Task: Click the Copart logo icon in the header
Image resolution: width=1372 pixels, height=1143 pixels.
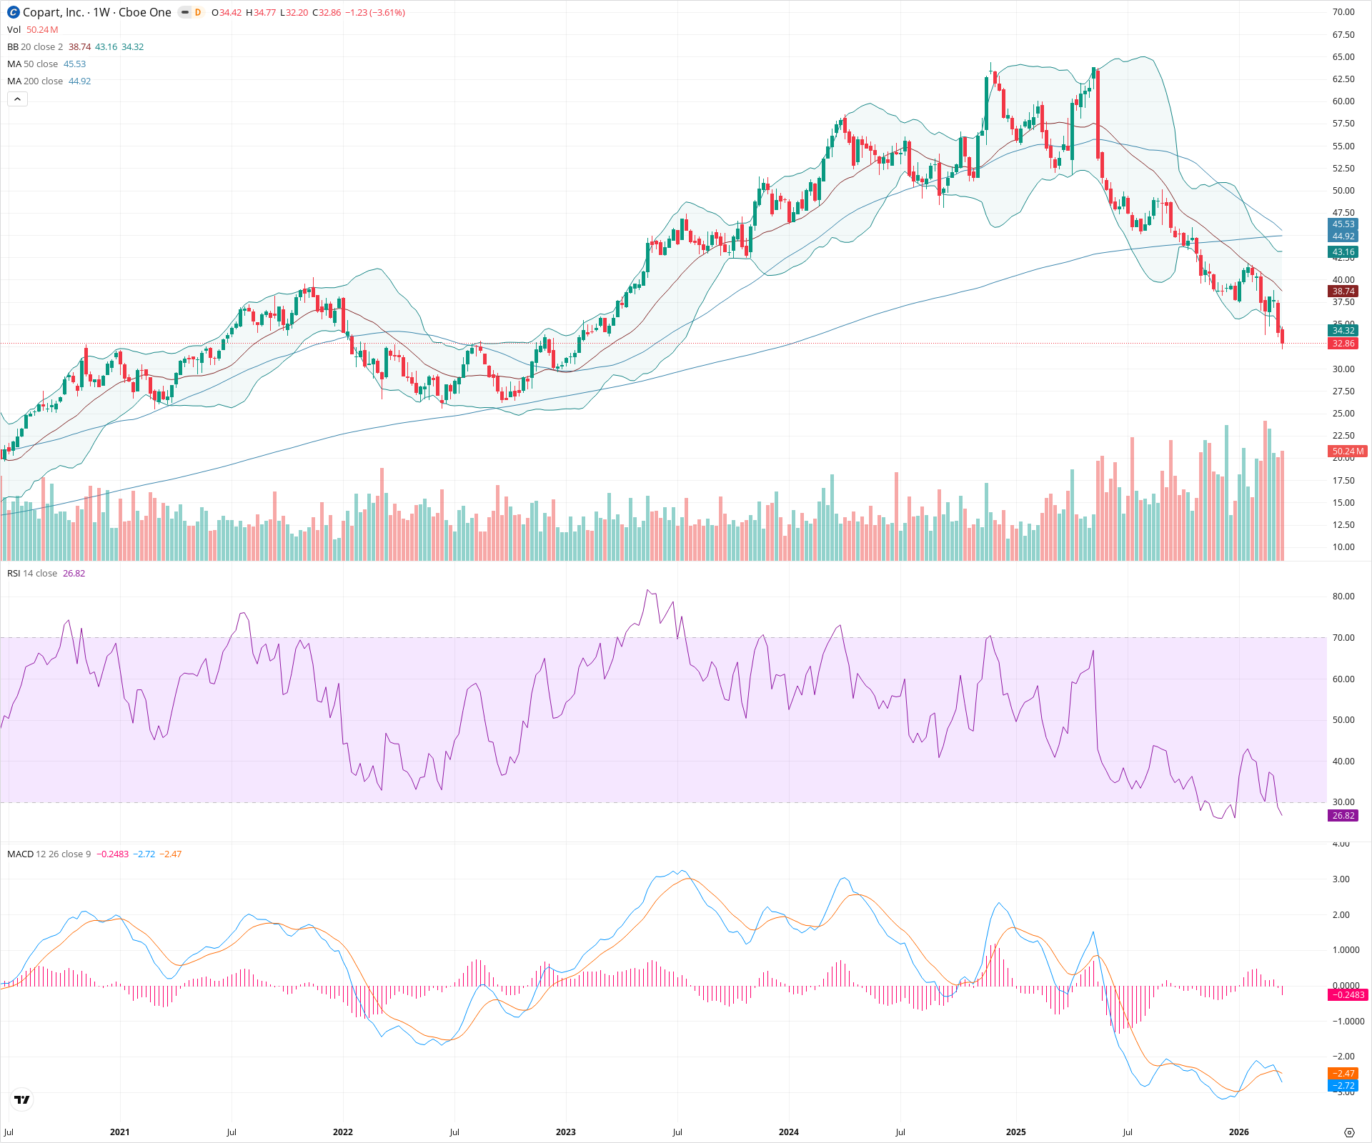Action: click(x=13, y=12)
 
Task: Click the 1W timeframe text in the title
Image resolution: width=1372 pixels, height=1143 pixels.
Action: click(x=101, y=12)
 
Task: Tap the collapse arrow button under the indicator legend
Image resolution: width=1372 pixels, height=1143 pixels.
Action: click(x=17, y=99)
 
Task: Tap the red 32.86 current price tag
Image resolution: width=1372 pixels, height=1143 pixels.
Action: click(x=1343, y=344)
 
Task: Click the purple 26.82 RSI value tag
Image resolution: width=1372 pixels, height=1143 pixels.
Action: click(x=1343, y=816)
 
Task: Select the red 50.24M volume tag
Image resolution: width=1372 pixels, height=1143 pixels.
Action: click(x=1348, y=451)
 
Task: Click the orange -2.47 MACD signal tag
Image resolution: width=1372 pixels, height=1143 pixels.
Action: click(x=1343, y=1074)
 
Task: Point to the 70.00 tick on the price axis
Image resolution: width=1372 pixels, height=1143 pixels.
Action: click(x=1343, y=12)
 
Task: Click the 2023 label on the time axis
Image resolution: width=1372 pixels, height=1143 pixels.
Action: click(x=565, y=1132)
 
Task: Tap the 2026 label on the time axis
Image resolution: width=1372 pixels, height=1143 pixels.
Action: click(x=1238, y=1132)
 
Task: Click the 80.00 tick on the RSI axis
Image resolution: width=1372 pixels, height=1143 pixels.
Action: click(x=1343, y=597)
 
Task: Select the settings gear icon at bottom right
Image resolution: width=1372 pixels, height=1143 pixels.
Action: click(x=1349, y=1133)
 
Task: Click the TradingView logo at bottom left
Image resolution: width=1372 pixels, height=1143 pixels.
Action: click(x=22, y=1099)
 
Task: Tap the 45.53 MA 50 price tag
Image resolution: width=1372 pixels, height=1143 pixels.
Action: click(x=1343, y=224)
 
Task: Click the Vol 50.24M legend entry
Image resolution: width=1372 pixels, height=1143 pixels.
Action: click(x=33, y=30)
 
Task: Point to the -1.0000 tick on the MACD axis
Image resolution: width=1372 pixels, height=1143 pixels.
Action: click(x=1346, y=1022)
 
